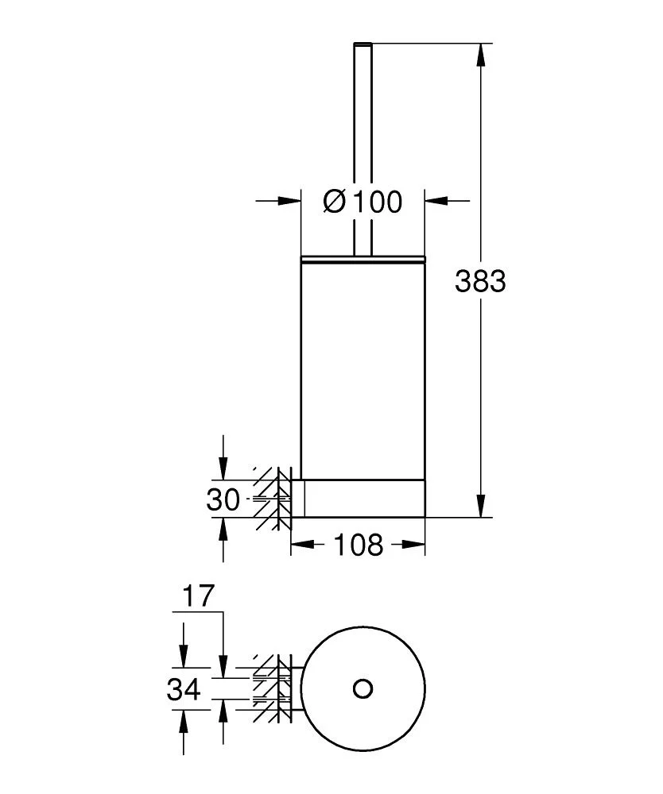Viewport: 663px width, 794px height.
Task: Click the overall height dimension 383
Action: [x=480, y=280]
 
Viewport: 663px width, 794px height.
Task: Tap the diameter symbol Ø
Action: [x=335, y=202]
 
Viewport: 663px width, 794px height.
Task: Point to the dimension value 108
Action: [x=358, y=545]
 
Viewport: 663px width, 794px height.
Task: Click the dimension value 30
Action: [x=223, y=500]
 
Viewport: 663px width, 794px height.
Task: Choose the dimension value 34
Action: [x=184, y=689]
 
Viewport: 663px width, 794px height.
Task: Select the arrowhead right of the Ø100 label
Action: [x=436, y=202]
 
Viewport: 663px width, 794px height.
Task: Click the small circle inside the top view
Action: [x=363, y=688]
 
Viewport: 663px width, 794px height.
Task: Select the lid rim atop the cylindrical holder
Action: [x=363, y=258]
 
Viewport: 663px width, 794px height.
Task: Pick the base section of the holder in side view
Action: [x=363, y=497]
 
